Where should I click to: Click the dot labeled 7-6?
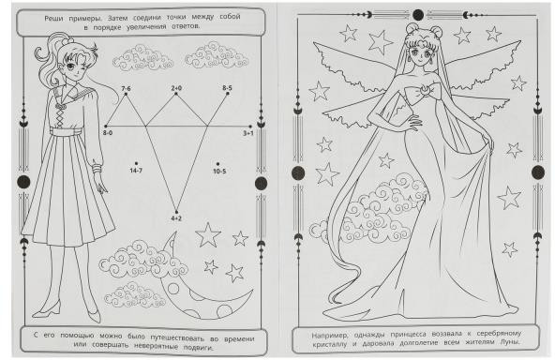pyautogui.click(x=126, y=94)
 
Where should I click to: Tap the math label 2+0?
pyautogui.click(x=176, y=88)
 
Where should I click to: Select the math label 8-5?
pyautogui.click(x=227, y=88)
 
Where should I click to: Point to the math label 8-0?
pyautogui.click(x=108, y=133)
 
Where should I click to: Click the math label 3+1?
pyautogui.click(x=247, y=133)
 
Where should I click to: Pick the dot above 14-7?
pyautogui.click(x=136, y=163)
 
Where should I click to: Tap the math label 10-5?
pyautogui.click(x=219, y=172)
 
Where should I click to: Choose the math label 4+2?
pyautogui.click(x=176, y=218)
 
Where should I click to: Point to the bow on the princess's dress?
pyautogui.click(x=423, y=93)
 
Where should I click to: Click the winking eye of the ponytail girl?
pyautogui.click(x=82, y=69)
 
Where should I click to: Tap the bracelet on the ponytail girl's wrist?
pyautogui.click(x=97, y=168)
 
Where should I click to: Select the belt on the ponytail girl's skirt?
pyautogui.click(x=66, y=131)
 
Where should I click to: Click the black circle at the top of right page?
pyautogui.click(x=418, y=15)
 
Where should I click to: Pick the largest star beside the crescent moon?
pyautogui.click(x=208, y=234)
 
